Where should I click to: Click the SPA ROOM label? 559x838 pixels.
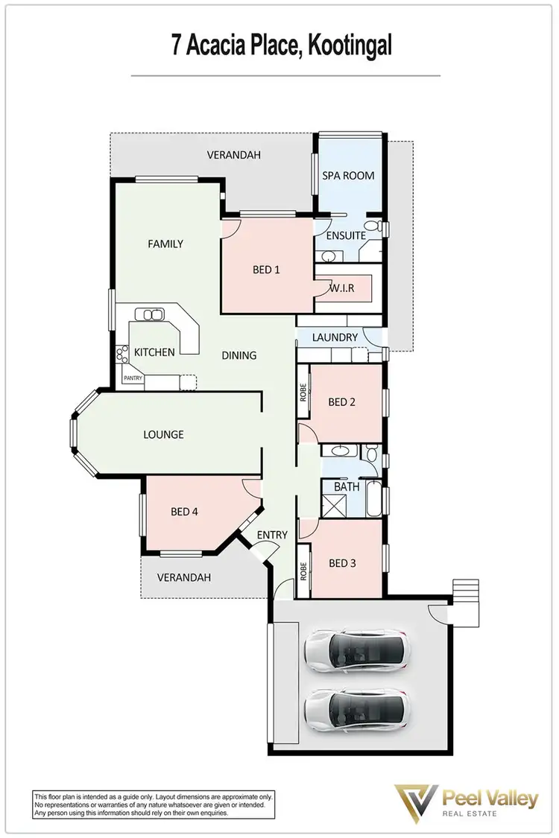(x=348, y=176)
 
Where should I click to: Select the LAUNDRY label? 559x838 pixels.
(x=335, y=337)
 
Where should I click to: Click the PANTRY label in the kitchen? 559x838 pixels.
(x=134, y=378)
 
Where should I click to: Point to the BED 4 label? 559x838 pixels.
(x=183, y=512)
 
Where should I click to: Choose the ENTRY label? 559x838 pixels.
(x=271, y=535)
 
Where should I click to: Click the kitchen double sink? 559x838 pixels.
(x=154, y=315)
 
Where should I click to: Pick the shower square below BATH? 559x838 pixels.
(x=333, y=507)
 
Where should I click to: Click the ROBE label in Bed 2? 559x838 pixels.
(x=303, y=393)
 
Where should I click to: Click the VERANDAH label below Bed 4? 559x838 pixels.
(x=183, y=577)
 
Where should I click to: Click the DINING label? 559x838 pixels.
(x=239, y=355)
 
